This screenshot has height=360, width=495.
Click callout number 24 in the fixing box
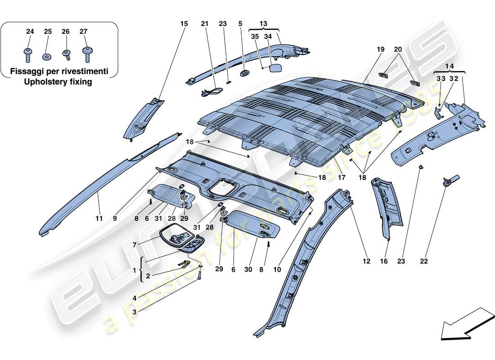[30, 31]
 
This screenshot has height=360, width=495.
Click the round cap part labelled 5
[245, 73]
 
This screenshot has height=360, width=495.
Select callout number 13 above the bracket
[263, 23]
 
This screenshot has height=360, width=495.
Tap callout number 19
[381, 49]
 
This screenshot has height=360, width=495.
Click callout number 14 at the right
[449, 65]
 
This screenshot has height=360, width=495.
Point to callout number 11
[99, 218]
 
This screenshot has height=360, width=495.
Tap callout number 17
[342, 178]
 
